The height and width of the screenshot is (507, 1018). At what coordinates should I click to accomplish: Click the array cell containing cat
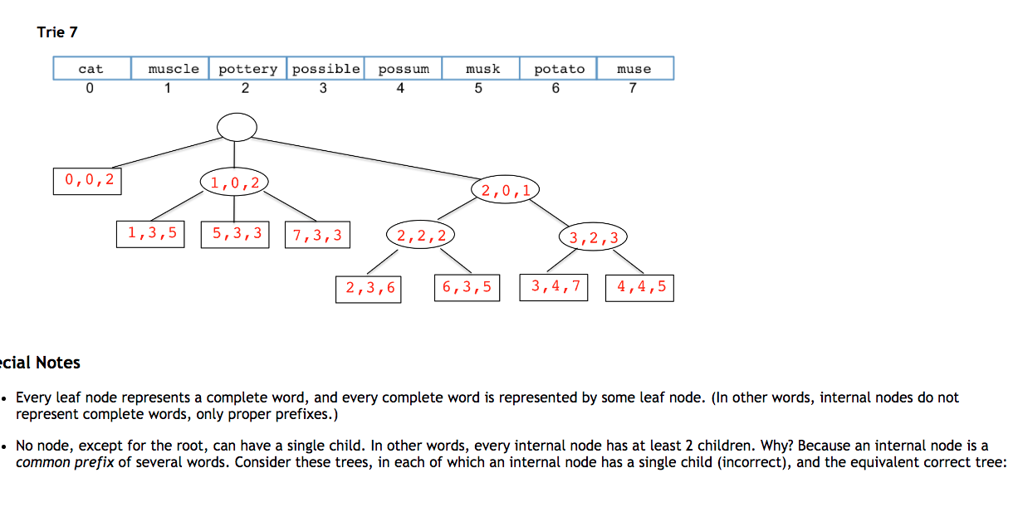coord(91,69)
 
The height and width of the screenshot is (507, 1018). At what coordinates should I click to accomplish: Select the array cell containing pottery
coord(247,69)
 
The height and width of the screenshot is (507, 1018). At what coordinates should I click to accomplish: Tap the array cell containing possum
coord(404,69)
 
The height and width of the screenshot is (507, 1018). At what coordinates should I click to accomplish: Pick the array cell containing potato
coord(559,69)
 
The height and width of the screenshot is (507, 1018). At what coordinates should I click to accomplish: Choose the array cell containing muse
coord(634,69)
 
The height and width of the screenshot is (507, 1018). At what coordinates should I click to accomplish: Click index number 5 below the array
coord(478,90)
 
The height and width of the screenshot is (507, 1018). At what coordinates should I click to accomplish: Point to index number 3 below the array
coord(323,90)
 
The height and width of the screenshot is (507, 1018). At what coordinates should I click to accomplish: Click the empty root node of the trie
coord(237,127)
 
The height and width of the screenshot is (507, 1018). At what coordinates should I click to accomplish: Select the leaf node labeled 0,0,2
coord(87,180)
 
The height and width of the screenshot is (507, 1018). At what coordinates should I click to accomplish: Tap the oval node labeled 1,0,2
coord(234,181)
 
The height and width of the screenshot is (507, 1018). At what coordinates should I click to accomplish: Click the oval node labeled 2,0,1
coord(506,190)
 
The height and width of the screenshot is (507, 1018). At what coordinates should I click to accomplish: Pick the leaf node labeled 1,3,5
coord(151,234)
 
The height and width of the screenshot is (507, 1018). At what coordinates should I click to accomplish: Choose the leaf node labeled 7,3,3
coord(316,235)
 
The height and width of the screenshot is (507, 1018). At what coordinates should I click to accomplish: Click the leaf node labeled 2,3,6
coord(369,288)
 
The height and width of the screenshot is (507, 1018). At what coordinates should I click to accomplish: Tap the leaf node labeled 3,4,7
coord(554,287)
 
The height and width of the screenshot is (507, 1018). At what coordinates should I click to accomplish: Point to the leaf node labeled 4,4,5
coord(640,287)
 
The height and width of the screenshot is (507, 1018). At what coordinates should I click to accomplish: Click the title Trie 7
coord(57,32)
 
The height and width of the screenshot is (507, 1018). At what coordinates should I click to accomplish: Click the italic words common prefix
coord(64,462)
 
